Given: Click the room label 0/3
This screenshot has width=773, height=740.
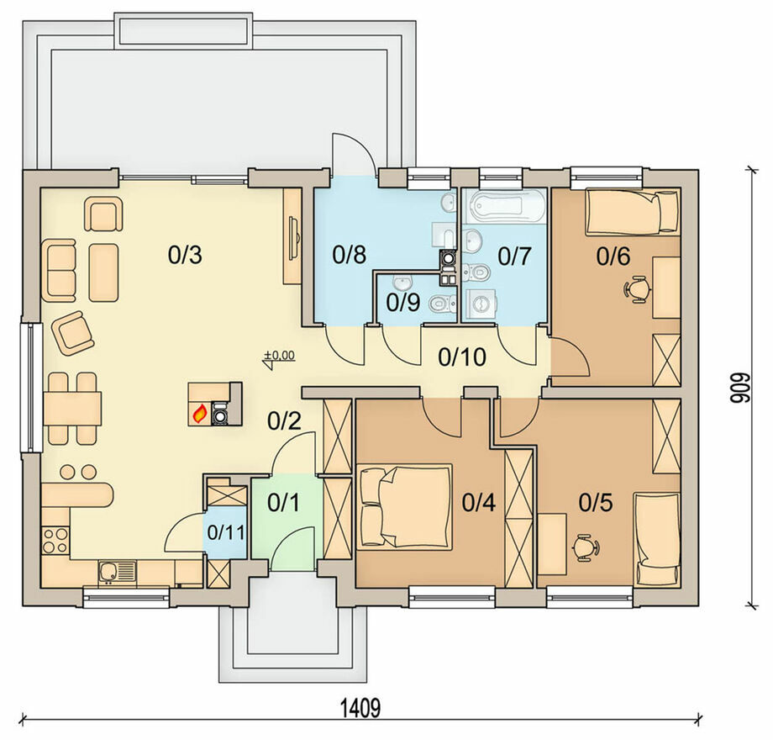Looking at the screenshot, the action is (x=185, y=255).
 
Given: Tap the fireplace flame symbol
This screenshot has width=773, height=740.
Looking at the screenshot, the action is (x=199, y=414).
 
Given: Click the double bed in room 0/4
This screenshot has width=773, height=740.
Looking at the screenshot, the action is (x=404, y=506).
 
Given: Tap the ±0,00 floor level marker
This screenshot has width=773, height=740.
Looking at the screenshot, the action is (x=279, y=357).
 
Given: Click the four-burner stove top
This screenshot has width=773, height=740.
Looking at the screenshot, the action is (x=55, y=540).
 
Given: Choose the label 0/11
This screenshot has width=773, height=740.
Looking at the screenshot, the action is (x=226, y=532).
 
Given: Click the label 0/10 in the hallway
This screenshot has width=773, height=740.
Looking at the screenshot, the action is (x=462, y=357).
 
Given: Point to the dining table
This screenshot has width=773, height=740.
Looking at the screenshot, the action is (x=72, y=409).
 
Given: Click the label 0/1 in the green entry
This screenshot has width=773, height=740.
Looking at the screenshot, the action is (x=283, y=503).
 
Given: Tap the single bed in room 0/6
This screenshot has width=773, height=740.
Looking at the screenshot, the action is (x=632, y=213).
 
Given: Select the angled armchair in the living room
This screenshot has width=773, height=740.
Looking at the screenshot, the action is (x=72, y=333).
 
